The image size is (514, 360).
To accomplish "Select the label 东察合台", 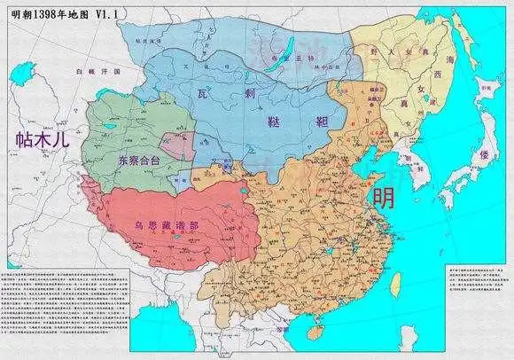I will pos(136,161).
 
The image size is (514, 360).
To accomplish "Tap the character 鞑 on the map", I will pos(275,126).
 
